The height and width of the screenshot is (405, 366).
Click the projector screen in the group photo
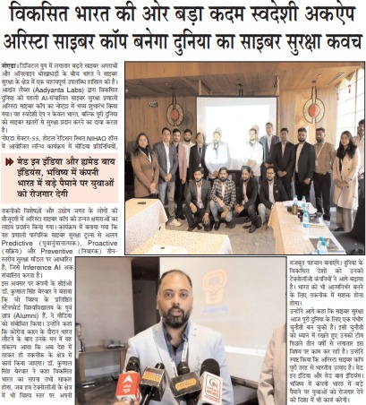click(225, 115)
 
